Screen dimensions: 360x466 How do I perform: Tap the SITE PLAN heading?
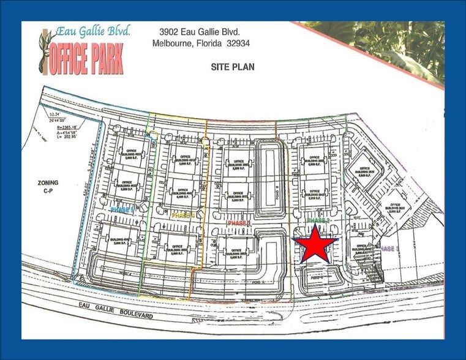(x=233, y=67)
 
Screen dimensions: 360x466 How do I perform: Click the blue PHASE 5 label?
(x=122, y=209)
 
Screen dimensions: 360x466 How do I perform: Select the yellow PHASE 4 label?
(x=184, y=216)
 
